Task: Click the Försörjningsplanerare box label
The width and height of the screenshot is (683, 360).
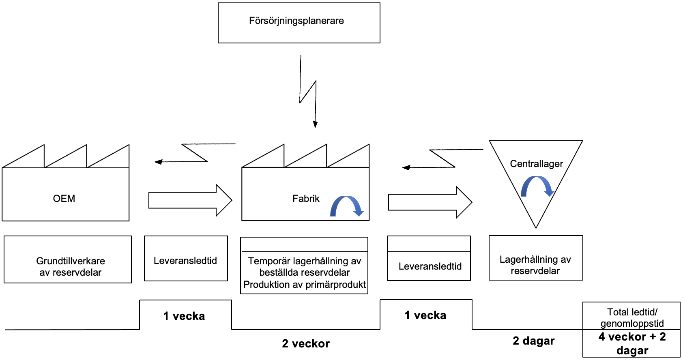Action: click(296, 21)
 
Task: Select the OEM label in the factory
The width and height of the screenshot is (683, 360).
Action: click(64, 199)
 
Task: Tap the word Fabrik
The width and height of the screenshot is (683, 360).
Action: click(306, 199)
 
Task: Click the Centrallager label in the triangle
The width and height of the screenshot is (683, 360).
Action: click(536, 164)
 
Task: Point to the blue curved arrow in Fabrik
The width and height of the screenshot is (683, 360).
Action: click(347, 206)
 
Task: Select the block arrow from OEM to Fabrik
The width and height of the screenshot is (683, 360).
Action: click(190, 200)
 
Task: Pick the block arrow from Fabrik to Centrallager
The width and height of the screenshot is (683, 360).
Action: click(430, 202)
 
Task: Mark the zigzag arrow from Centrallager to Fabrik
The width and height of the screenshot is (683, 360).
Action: click(442, 159)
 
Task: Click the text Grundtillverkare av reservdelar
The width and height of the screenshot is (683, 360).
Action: click(71, 266)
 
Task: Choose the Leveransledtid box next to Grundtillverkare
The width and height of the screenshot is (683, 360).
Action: click(185, 261)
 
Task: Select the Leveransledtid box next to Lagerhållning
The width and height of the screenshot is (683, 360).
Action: click(430, 266)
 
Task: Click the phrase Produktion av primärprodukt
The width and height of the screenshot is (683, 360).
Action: click(305, 285)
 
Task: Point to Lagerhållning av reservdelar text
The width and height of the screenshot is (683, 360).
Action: click(535, 265)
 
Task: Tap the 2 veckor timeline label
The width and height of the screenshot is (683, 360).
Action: click(306, 344)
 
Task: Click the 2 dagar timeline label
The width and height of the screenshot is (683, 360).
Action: click(533, 341)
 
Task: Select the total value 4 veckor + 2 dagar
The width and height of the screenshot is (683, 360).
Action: click(632, 343)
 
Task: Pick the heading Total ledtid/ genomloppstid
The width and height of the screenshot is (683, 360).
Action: click(632, 317)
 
